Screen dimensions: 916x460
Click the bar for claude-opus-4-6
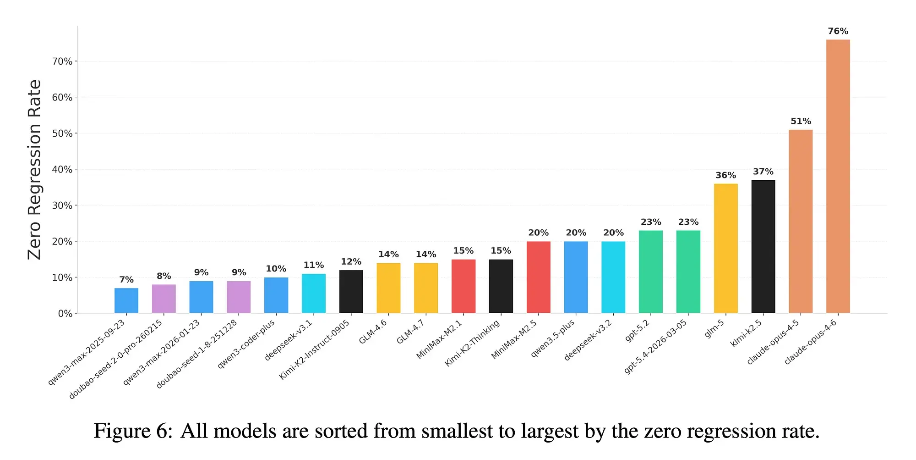pos(838,177)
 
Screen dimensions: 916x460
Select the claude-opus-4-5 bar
pos(801,222)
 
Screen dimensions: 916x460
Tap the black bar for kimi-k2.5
pos(763,247)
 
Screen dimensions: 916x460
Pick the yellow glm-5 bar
pos(726,249)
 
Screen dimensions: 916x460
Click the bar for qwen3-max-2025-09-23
pos(126,301)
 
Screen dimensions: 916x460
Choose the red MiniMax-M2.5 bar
pos(539,277)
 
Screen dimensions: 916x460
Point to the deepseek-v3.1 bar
pos(314,294)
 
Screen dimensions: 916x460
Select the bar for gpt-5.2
pos(651,272)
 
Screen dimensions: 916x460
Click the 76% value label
pos(838,31)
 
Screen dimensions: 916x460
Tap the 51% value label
pos(801,121)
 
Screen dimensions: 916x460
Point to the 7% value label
pos(126,280)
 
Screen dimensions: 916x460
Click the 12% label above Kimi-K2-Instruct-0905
pos(351,261)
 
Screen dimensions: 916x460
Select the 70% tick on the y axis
pos(62,61)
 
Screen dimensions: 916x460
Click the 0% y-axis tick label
pos(65,314)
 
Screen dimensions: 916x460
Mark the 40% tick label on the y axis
pos(62,170)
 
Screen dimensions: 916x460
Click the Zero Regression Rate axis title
pos(34,170)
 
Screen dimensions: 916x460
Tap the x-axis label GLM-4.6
pos(373,331)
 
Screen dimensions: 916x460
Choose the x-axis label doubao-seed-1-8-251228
pos(196,354)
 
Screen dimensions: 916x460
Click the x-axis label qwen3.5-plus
pos(552,338)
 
